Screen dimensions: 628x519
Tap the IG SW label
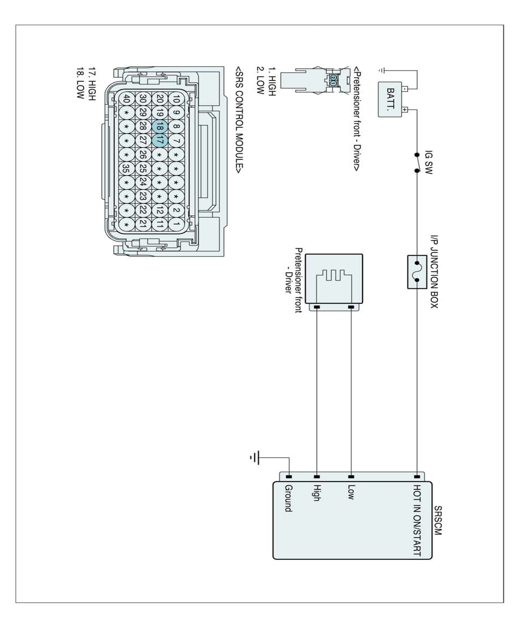(x=428, y=162)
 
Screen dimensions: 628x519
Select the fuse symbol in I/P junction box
(x=417, y=272)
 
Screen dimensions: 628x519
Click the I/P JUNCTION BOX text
(x=434, y=271)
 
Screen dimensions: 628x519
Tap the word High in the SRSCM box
(x=317, y=493)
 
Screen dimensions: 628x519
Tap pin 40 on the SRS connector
(x=126, y=99)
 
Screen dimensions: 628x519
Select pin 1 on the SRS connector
(x=176, y=224)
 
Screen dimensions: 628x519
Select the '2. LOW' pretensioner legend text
(x=260, y=81)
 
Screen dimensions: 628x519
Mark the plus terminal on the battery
(x=405, y=110)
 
